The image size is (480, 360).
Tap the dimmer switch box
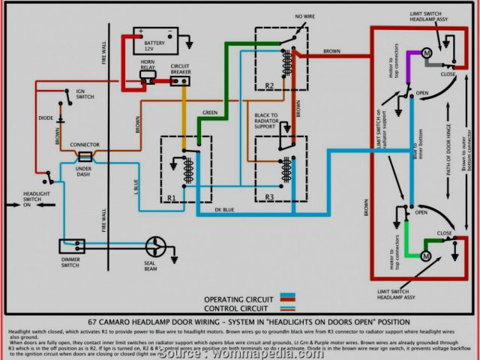(74, 246)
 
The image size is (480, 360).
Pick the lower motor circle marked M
(425, 256)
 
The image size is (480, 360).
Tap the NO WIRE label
(283, 16)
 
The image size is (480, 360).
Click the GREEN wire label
(210, 112)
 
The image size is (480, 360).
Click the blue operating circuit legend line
(286, 298)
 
